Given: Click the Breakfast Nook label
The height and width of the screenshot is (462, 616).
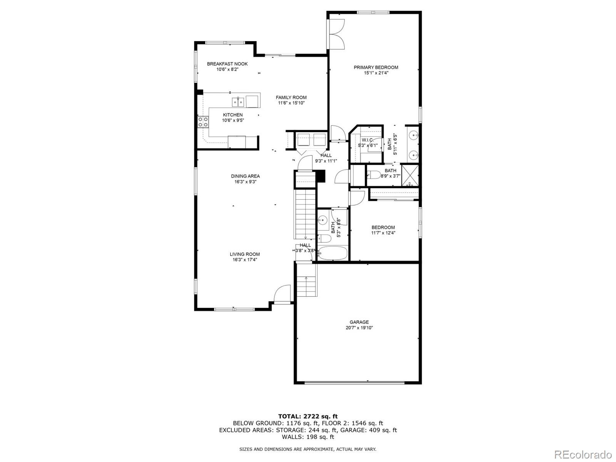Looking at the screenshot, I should pos(227,64).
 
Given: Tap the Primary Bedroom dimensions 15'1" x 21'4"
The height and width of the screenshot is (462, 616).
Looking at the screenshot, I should pos(376,73).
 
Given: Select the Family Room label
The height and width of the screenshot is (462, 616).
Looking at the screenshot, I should pos(291,97).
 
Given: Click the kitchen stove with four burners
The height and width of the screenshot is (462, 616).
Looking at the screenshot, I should pos(203,122).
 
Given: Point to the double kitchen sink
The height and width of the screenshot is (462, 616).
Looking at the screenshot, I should pos(238,102).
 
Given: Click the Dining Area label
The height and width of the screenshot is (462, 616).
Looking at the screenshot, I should pos(245,176).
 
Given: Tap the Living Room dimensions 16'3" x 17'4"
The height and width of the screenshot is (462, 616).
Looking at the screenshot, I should pos(244,260).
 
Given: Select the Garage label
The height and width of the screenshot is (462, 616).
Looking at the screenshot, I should pos(359,322).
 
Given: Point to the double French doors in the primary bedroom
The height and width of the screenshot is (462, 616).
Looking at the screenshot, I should pos(336,34).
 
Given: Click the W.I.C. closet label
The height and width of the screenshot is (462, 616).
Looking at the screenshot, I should pos(367,140).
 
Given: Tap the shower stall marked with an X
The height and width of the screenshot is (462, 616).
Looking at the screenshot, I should pos(410,175).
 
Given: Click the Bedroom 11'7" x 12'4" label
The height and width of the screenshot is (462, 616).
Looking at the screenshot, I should pos(383,227).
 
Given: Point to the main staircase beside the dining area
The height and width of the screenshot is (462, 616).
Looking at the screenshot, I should pos(305,214).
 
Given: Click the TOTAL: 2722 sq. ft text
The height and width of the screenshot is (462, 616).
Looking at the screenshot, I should pos(308,416).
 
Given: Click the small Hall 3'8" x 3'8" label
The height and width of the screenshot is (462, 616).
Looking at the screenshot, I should pos(305,245).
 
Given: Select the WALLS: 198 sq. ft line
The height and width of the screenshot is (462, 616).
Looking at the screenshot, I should pos(308,437).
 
